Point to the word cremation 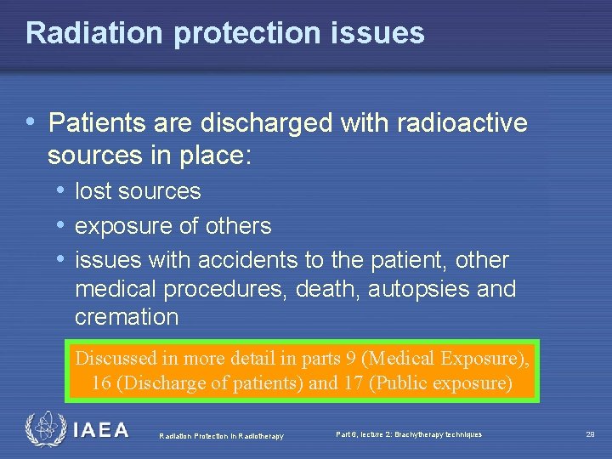coord(127,318)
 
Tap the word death coord(329,289)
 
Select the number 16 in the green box coord(101,383)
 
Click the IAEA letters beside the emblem coord(101,430)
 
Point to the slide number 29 coord(590,434)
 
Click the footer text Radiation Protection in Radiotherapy coord(221,436)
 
